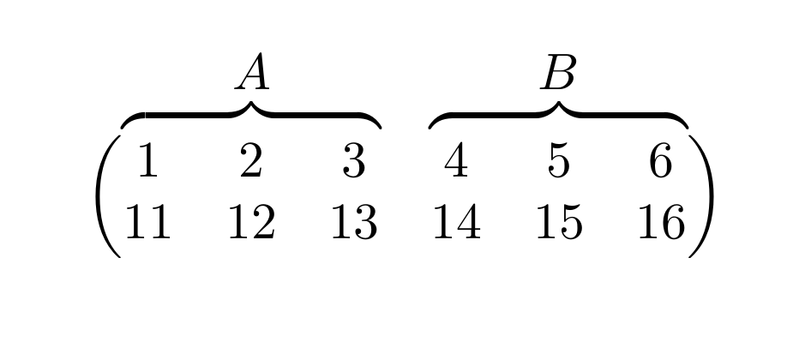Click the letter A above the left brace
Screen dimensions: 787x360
click(253, 73)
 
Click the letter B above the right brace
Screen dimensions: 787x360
click(558, 73)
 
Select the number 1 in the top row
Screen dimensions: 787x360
click(147, 161)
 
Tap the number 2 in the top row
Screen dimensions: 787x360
click(251, 161)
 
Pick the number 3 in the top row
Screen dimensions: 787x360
click(354, 161)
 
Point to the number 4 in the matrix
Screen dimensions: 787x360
click(456, 161)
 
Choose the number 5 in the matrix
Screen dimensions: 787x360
click(558, 161)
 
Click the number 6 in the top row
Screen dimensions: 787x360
click(660, 161)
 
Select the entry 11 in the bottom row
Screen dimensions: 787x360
click(147, 223)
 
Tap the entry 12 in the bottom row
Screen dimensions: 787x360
click(251, 223)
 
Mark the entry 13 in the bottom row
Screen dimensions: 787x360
click(354, 223)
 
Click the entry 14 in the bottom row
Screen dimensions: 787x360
click(456, 223)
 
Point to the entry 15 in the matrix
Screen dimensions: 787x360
click(558, 223)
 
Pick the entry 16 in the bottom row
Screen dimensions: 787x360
click(660, 223)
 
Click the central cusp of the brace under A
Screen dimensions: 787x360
click(251, 105)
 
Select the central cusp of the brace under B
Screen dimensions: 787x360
click(558, 105)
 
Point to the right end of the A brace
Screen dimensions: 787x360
click(378, 125)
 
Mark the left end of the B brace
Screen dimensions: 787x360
click(431, 125)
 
